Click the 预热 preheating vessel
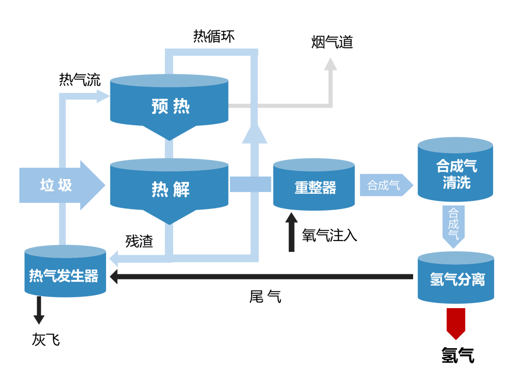click(x=169, y=106)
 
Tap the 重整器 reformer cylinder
click(x=314, y=186)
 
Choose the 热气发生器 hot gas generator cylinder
click(x=65, y=273)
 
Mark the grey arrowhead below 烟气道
click(x=330, y=64)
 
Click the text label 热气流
click(x=79, y=80)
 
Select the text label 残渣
click(x=139, y=241)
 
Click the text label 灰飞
click(x=46, y=339)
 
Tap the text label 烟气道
click(x=332, y=42)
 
